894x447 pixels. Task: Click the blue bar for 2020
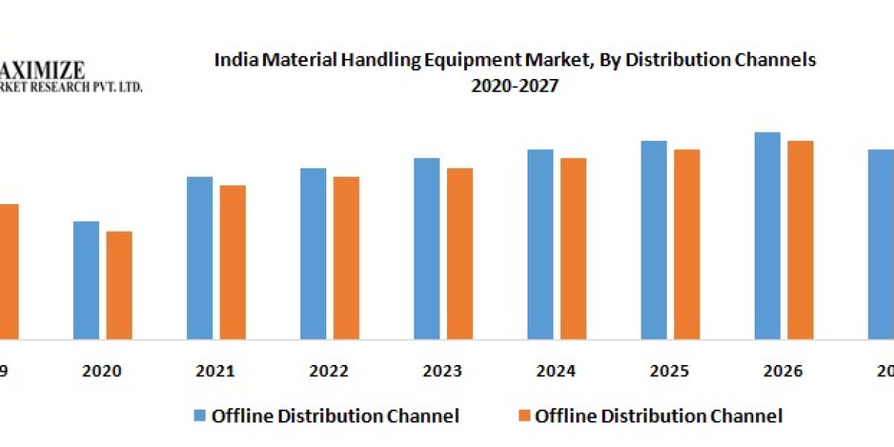point(86,280)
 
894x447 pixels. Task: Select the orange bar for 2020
point(119,285)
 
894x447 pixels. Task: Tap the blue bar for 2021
point(200,258)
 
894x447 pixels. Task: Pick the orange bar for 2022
point(346,258)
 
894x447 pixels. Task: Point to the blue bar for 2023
point(427,249)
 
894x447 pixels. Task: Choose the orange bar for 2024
point(573,249)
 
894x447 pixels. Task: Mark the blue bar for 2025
point(654,240)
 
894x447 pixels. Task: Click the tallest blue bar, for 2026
point(767,235)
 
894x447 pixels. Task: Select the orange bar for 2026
point(800,240)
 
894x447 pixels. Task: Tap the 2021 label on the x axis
point(216,371)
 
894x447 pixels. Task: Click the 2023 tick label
point(443,371)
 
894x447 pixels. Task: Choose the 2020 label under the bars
point(102,371)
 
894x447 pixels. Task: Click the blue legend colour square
point(199,416)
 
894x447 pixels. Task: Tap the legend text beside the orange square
point(659,416)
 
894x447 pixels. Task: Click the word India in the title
point(232,60)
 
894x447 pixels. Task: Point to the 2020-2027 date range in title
point(515,86)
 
